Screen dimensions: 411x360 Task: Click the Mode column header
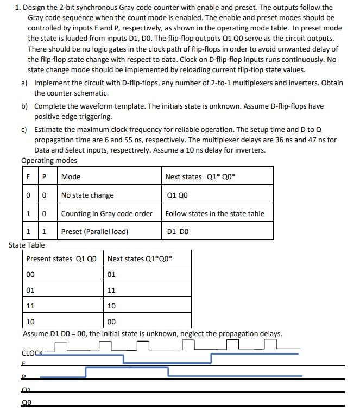coord(71,177)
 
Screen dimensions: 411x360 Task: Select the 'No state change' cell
coord(87,195)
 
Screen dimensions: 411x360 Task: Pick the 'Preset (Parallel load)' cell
coord(94,231)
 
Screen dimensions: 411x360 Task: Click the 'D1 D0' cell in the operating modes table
coord(179,231)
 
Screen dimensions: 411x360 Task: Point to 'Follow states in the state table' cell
coord(214,213)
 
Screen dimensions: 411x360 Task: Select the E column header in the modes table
coord(28,177)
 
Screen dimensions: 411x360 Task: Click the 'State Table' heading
coord(27,245)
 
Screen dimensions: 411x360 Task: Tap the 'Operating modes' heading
coord(49,160)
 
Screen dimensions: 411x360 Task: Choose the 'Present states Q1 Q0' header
coord(61,258)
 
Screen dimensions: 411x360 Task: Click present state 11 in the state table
coord(31,306)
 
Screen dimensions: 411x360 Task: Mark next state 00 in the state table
coord(112,321)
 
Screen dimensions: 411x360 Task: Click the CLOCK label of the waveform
coord(32,353)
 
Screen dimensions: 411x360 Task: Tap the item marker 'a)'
coord(24,83)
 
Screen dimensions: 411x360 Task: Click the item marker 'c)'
coord(24,129)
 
